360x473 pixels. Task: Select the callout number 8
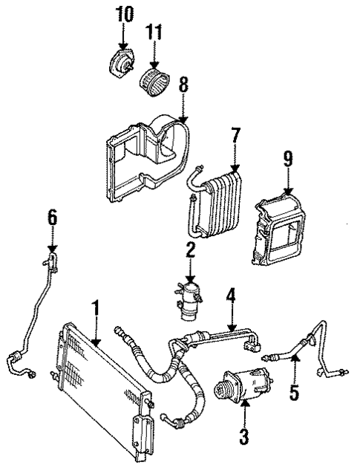[x=183, y=83]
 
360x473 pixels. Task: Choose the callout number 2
[x=191, y=249]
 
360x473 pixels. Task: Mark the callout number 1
[x=95, y=308]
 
